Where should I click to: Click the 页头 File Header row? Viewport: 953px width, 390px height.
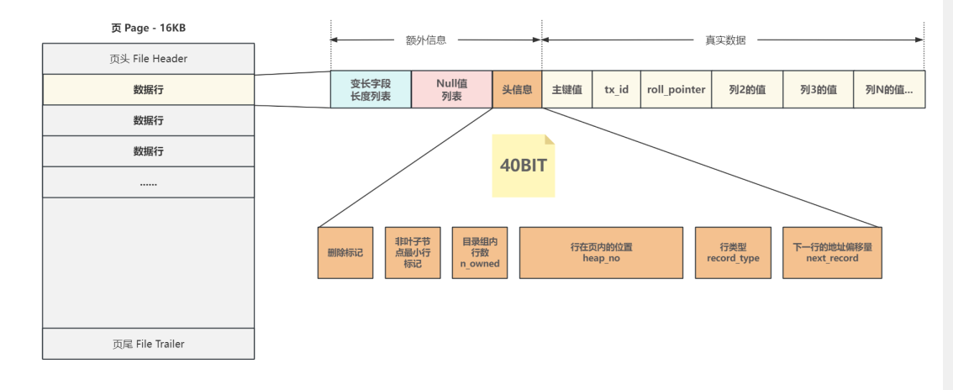tap(148, 59)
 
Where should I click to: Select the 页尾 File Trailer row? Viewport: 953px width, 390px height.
tap(148, 344)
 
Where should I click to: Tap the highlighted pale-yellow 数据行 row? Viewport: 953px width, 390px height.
tap(148, 90)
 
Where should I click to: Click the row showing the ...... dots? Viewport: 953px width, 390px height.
tap(148, 182)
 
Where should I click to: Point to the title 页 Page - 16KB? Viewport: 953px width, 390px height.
tap(148, 28)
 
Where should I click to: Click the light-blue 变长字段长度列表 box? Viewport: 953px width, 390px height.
tap(371, 90)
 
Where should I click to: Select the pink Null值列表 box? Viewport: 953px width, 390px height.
tap(451, 90)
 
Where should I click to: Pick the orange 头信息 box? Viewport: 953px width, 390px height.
tap(517, 90)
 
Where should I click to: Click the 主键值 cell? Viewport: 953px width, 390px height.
tap(567, 90)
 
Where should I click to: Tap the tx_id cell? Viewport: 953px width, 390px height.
tap(616, 90)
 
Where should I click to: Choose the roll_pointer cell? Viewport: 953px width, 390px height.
tap(676, 90)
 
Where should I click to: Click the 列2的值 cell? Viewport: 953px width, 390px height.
tap(747, 90)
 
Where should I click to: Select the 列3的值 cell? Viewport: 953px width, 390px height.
tap(818, 90)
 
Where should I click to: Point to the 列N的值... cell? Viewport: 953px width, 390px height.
tap(889, 90)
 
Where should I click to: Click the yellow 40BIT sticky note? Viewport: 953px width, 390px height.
tap(524, 166)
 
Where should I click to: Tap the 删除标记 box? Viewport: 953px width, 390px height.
tap(345, 252)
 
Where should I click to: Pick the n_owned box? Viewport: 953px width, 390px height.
tap(479, 252)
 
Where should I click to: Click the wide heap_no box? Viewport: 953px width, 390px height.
tap(601, 252)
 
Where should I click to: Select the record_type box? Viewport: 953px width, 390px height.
tap(733, 252)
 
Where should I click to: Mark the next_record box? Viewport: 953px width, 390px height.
tap(832, 252)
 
